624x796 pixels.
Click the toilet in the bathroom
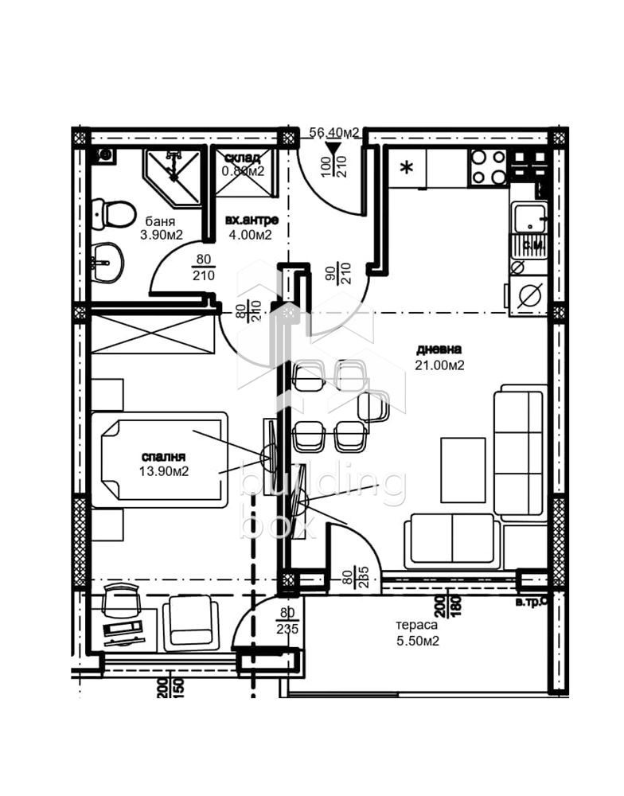113,213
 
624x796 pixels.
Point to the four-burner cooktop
488,167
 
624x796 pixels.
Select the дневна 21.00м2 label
439,357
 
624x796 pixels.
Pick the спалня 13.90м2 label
163,463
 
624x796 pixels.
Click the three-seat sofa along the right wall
517,450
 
